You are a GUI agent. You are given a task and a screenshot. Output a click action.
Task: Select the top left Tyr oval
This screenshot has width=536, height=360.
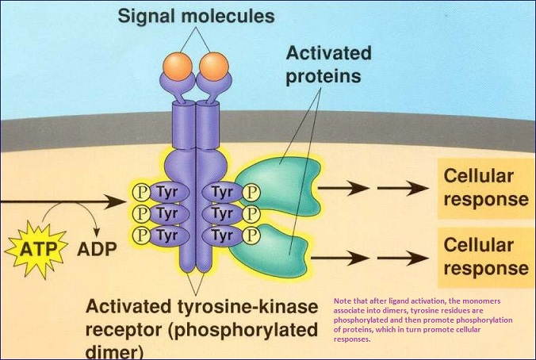tap(164, 192)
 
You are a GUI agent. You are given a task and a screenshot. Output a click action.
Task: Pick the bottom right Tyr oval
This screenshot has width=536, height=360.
tap(223, 236)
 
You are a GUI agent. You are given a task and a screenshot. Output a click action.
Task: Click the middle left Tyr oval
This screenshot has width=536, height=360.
tap(164, 214)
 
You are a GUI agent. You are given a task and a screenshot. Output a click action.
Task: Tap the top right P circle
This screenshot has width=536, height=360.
tap(251, 192)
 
